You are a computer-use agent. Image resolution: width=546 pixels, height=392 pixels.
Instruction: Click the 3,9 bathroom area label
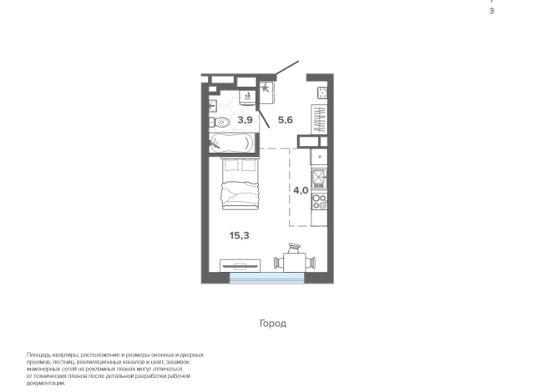click(245, 120)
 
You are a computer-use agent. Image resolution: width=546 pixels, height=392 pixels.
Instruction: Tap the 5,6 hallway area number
click(286, 120)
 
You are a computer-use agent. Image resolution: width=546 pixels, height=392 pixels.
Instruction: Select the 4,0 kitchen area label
click(301, 190)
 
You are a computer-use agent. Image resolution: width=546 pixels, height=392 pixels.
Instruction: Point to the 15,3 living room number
click(240, 235)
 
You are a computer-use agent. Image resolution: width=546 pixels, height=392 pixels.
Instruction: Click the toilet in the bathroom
click(220, 123)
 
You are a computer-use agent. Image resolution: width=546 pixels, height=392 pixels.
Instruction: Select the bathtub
click(232, 143)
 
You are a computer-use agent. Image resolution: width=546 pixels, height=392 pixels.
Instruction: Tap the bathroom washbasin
click(213, 105)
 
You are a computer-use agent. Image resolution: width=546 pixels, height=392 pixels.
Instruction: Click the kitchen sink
click(319, 178)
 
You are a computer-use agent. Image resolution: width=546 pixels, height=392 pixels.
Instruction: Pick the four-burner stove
click(319, 202)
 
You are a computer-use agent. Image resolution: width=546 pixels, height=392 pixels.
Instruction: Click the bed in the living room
click(240, 183)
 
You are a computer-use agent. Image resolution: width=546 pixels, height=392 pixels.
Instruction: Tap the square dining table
click(294, 262)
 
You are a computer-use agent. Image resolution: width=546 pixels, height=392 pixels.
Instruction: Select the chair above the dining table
click(294, 248)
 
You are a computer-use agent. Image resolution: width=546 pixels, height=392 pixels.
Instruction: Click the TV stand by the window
click(240, 266)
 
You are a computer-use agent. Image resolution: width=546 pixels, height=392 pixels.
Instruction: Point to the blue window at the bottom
click(266, 278)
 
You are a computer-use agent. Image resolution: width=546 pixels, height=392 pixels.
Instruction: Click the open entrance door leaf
click(287, 68)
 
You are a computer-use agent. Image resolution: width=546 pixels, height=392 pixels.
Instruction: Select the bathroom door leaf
click(263, 118)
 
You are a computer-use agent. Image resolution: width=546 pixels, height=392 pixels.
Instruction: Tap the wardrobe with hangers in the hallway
click(319, 119)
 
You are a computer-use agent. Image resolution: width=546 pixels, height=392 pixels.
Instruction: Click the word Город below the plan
click(273, 324)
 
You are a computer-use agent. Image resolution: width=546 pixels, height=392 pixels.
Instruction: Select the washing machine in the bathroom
click(248, 97)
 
